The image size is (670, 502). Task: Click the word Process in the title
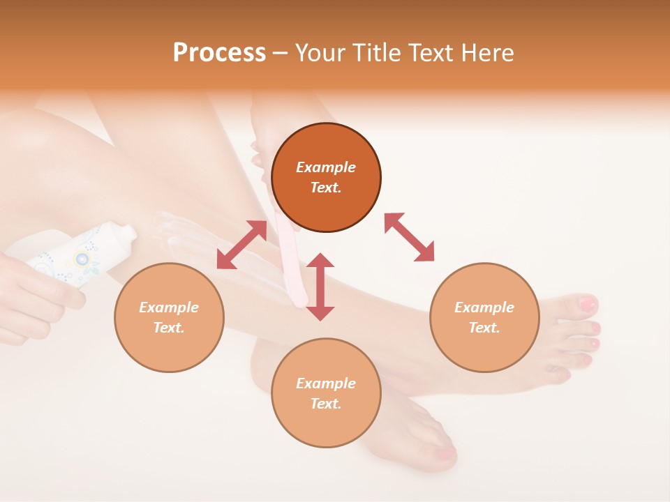tap(219, 53)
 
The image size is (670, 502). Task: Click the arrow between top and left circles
tap(241, 245)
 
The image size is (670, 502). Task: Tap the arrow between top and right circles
tap(409, 238)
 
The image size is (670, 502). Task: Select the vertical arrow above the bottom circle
tap(320, 287)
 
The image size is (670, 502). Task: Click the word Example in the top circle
tap(326, 167)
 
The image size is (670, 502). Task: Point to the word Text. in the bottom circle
tap(326, 404)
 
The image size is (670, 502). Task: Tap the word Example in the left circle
tap(169, 307)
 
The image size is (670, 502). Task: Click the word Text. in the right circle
tap(484, 328)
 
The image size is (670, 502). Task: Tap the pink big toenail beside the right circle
tap(588, 304)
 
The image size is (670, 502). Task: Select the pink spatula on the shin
tap(292, 265)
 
